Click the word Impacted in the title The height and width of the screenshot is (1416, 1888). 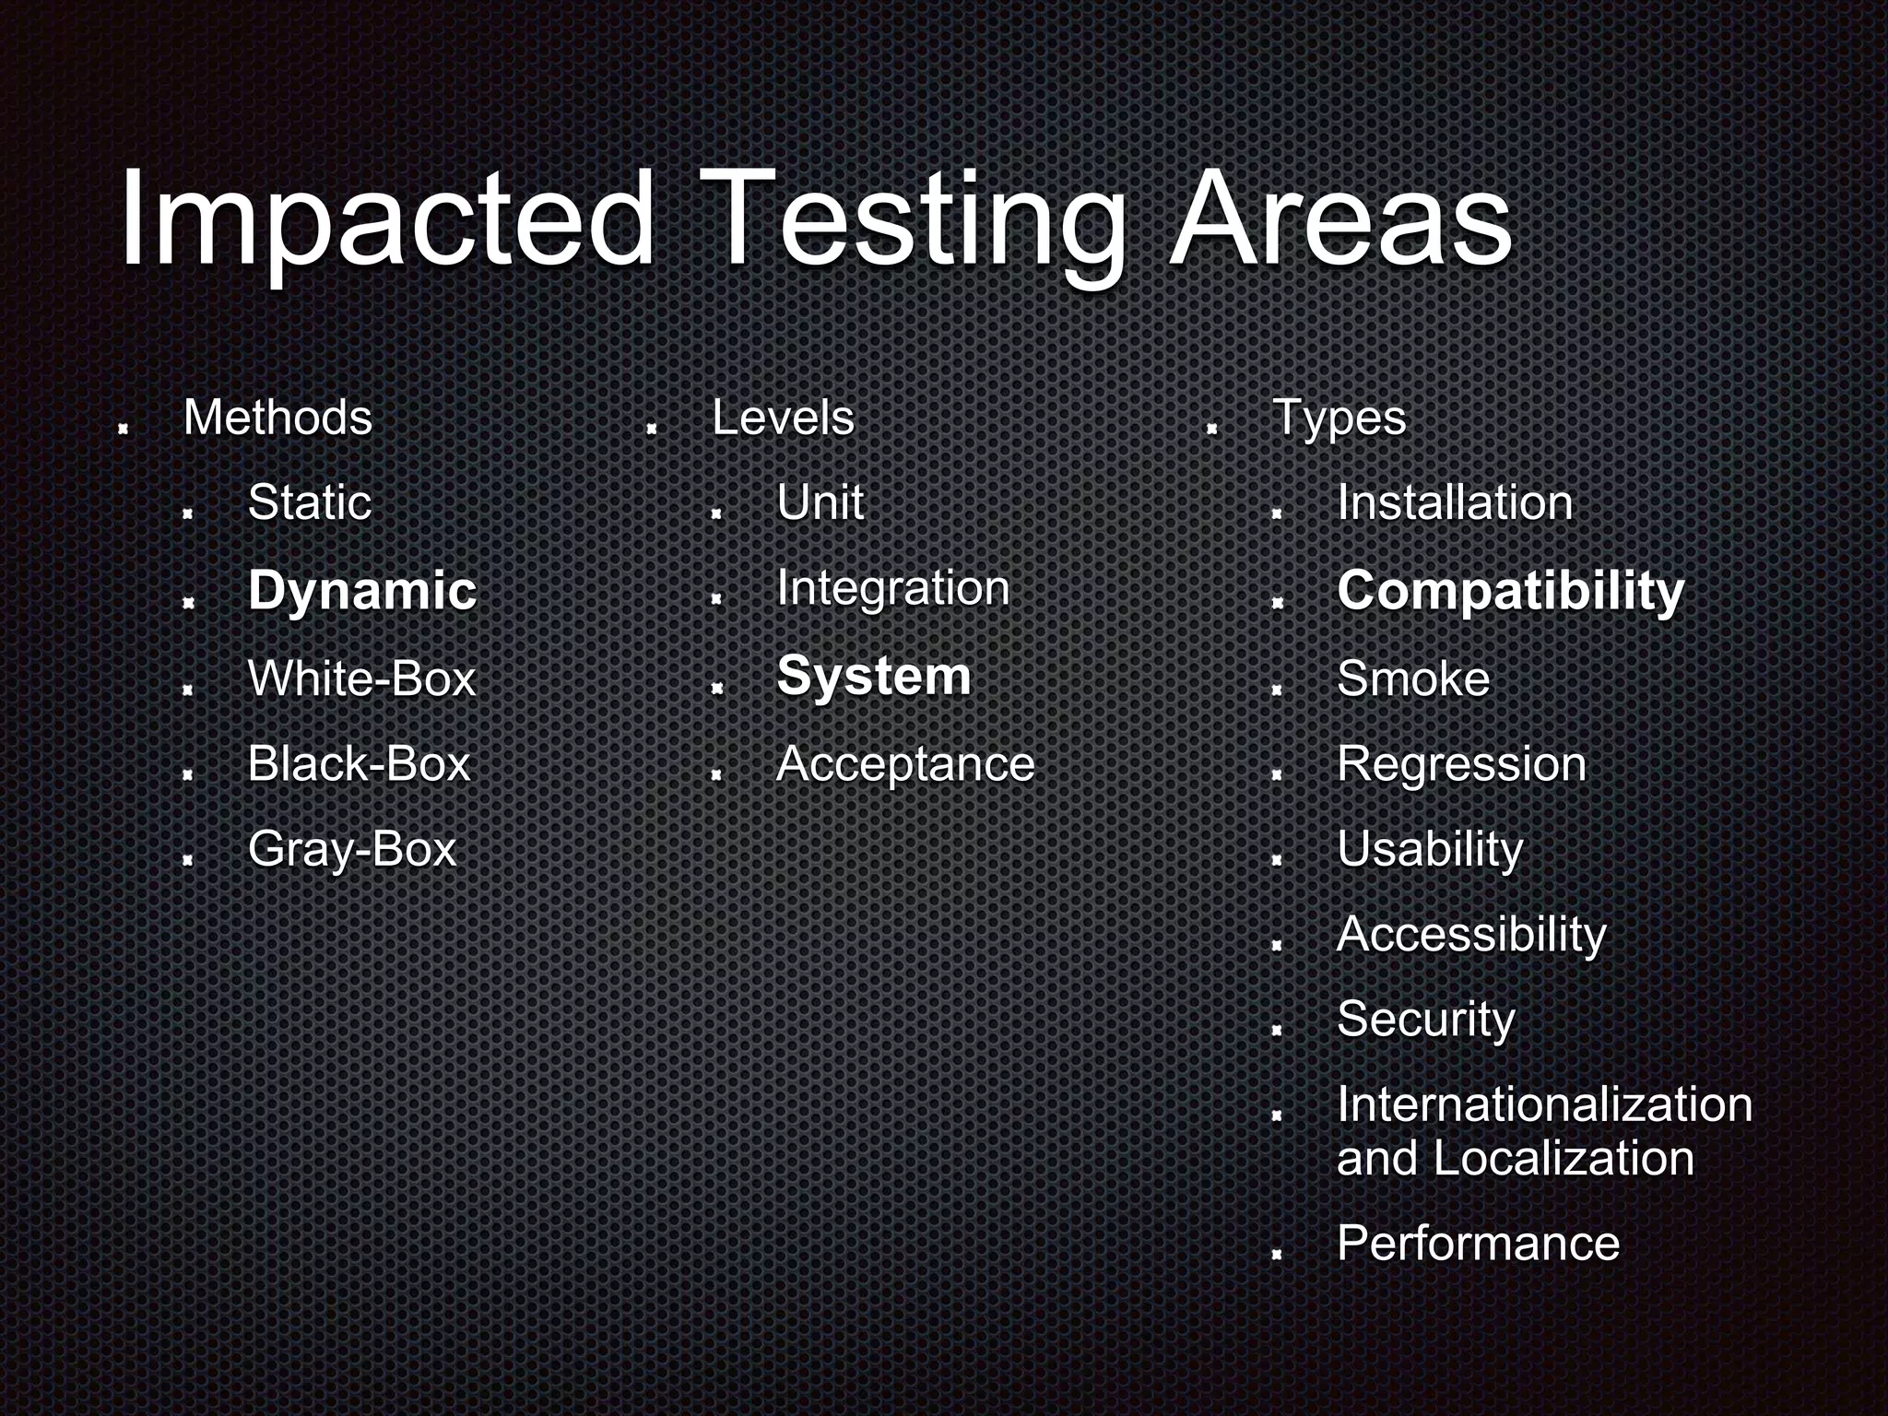coord(387,221)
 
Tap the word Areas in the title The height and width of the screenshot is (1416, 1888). coord(1340,221)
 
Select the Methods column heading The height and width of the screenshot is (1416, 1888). coord(277,418)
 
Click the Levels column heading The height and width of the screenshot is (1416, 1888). coord(783,418)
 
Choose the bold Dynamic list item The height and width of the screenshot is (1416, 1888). coord(362,591)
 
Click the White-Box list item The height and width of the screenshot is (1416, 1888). coord(361,678)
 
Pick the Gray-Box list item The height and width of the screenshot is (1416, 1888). coord(352,849)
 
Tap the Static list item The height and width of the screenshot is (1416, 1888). coord(310,503)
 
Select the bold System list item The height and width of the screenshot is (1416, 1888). coord(874,676)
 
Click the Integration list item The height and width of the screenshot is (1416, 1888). coord(892,589)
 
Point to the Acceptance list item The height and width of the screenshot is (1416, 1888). coord(905,764)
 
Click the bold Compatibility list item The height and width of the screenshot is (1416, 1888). coord(1510,591)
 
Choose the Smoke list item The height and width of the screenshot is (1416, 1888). coord(1412,679)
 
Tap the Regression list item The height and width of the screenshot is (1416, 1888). coord(1461,764)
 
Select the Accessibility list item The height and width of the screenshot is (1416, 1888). coord(1471,935)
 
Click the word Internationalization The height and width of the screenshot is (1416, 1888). coord(1544,1104)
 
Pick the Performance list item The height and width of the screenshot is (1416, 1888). coord(1478,1243)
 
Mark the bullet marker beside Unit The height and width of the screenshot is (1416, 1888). coord(715,513)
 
